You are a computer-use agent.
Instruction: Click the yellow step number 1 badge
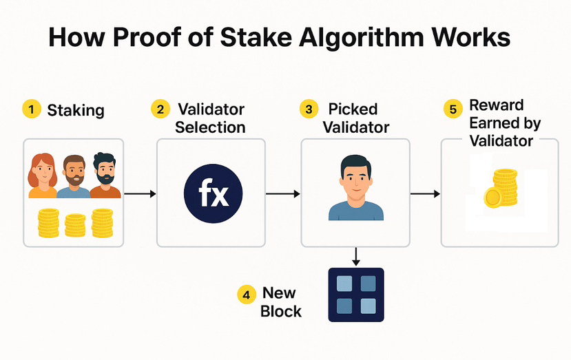coord(30,109)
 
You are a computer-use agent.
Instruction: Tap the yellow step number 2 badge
coord(160,109)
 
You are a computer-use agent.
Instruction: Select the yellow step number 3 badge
coord(308,109)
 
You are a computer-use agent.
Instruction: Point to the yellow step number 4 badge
coord(247,295)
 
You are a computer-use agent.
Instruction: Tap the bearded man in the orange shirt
coord(105,176)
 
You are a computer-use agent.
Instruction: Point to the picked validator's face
coord(355,179)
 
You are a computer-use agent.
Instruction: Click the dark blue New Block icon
coord(355,295)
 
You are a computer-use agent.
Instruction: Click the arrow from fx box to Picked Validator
coord(283,194)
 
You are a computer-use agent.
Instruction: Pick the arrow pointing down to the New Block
coord(356,257)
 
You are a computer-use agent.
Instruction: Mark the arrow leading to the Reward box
coord(425,194)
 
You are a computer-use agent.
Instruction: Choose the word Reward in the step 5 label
coord(496,106)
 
